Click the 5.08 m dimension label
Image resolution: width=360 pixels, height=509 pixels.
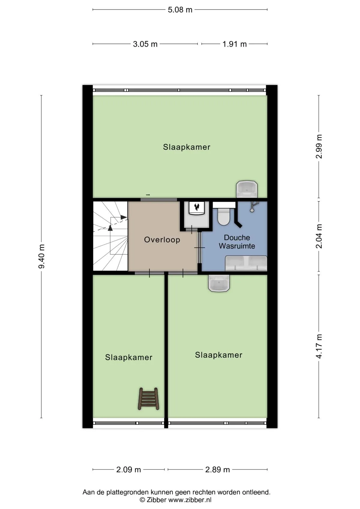click(x=180, y=10)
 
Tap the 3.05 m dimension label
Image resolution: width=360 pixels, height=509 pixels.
click(x=145, y=44)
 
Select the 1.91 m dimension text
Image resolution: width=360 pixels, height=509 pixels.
click(x=234, y=44)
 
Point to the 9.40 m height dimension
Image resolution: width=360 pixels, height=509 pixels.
click(x=42, y=256)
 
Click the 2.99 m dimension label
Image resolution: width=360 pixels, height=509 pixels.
click(x=319, y=147)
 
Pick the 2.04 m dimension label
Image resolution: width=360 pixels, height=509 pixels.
click(x=319, y=236)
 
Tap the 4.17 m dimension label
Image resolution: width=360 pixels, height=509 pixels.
click(x=319, y=346)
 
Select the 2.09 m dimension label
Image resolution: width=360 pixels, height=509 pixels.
click(x=128, y=469)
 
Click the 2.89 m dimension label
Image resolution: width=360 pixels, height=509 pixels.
click(x=217, y=469)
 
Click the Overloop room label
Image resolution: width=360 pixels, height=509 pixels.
click(x=162, y=239)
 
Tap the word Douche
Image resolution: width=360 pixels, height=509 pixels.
click(x=237, y=238)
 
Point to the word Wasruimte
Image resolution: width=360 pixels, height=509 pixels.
click(x=237, y=246)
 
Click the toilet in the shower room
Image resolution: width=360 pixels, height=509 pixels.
click(x=224, y=216)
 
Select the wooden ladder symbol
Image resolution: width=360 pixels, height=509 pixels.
click(x=148, y=399)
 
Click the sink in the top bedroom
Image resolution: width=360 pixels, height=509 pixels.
click(x=247, y=189)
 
